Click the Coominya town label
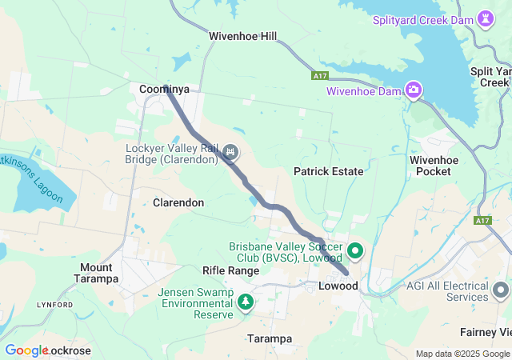pos(164,90)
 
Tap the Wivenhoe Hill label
pos(242,37)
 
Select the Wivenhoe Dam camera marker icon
pos(414,90)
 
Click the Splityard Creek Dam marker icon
pos(486,18)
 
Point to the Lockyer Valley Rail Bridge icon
pos(230,151)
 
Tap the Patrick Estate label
pos(328,171)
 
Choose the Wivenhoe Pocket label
pos(434,166)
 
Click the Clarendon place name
pos(178,203)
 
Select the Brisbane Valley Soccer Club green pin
pos(354,251)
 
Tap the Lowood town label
pos(338,286)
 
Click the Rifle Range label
pos(230,270)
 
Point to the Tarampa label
pos(270,338)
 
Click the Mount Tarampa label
pos(100,273)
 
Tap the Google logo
pos(26,350)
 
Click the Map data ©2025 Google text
pos(462,354)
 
